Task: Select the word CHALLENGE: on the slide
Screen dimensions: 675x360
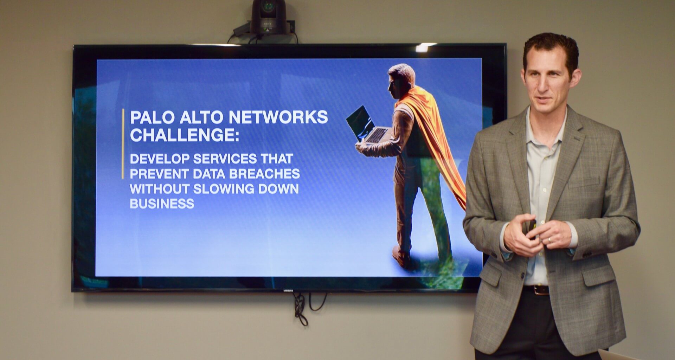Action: [x=185, y=135]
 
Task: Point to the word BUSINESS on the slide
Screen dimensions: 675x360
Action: [x=162, y=204]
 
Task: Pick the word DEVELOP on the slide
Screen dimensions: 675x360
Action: [x=160, y=159]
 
